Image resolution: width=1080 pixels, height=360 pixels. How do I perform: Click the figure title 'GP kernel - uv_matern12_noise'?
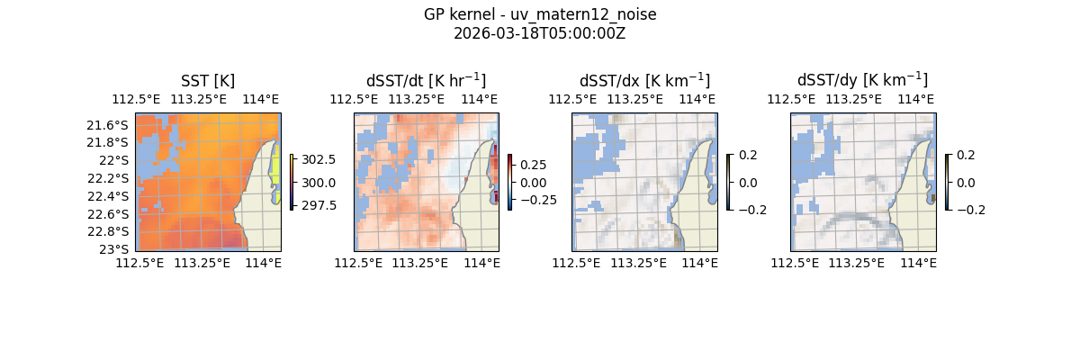pos(540,15)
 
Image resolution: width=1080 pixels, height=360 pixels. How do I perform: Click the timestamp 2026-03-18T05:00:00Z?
pos(540,33)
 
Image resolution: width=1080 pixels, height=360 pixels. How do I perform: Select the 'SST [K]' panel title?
pos(208,81)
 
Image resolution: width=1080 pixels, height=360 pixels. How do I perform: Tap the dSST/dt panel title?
pos(426,81)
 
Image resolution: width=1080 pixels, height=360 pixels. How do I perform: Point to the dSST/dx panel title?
pos(644,81)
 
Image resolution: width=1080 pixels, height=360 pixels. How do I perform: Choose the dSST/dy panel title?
pos(862,81)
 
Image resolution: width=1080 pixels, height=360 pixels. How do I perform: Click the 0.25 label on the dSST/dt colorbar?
pos(533,165)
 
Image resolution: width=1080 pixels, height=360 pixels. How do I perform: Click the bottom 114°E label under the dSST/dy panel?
pos(919,263)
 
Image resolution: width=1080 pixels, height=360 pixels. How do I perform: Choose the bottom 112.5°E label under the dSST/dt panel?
pos(357,263)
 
